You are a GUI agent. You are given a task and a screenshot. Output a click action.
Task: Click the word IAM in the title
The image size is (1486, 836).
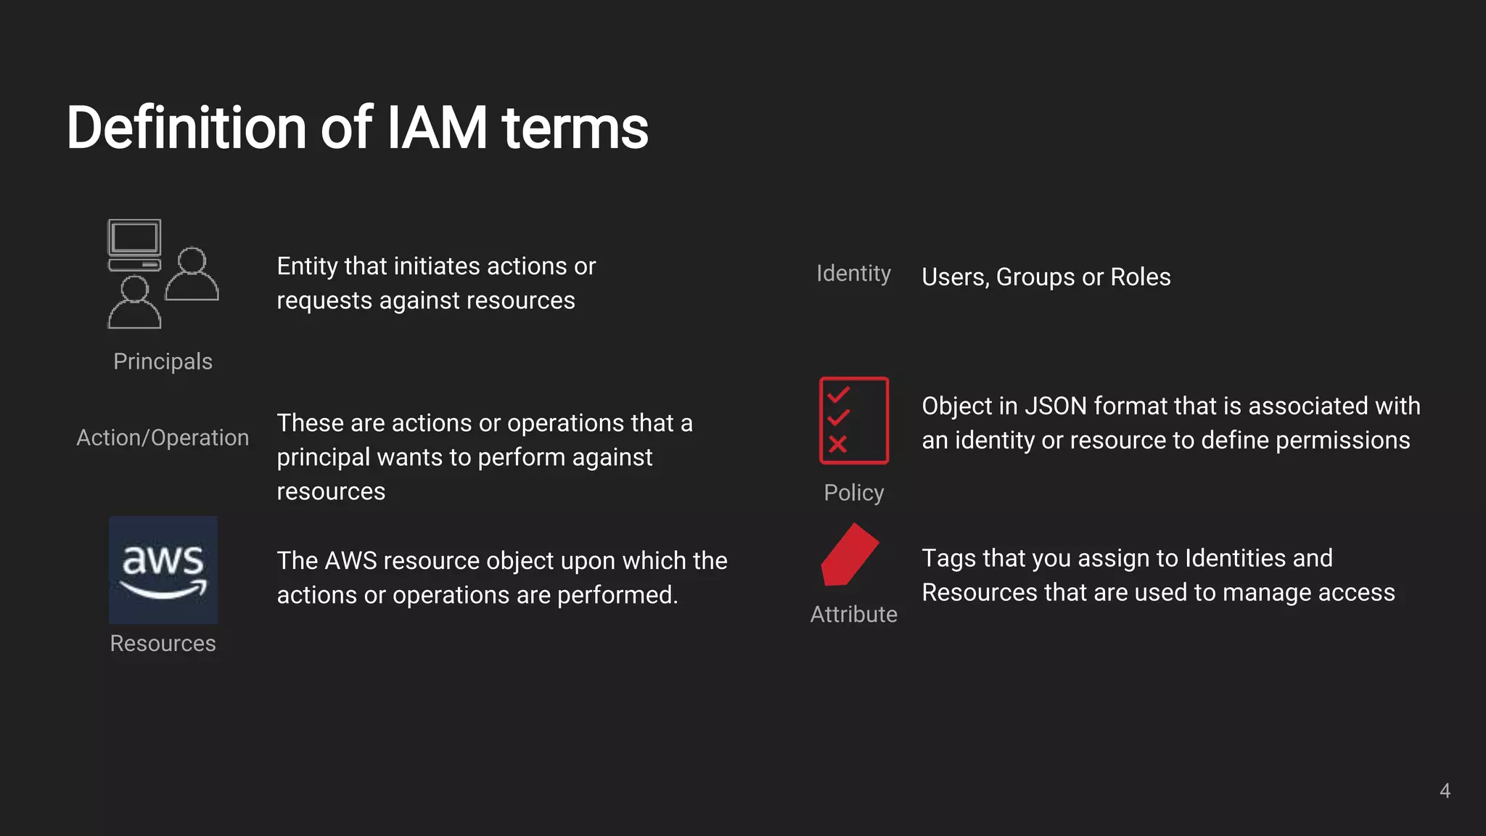pyautogui.click(x=437, y=128)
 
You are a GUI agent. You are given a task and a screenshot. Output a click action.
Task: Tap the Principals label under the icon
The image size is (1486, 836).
pyautogui.click(x=163, y=361)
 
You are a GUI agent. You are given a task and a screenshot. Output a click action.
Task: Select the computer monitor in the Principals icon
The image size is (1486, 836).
pyautogui.click(x=134, y=239)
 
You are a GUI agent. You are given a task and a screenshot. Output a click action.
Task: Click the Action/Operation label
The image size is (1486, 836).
pyautogui.click(x=163, y=438)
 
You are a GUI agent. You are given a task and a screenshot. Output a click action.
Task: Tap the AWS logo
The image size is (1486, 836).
pyautogui.click(x=163, y=570)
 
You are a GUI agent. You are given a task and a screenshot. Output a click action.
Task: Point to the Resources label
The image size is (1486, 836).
pyautogui.click(x=163, y=643)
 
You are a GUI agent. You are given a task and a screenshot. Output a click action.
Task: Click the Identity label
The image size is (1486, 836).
pyautogui.click(x=853, y=274)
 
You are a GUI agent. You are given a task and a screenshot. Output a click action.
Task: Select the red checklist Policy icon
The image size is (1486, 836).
pyautogui.click(x=853, y=420)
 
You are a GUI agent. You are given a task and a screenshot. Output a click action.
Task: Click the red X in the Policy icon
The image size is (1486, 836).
pyautogui.click(x=837, y=444)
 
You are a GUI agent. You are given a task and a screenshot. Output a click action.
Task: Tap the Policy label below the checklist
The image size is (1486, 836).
pyautogui.click(x=853, y=493)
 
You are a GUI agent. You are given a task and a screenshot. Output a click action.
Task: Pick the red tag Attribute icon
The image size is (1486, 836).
pyautogui.click(x=848, y=554)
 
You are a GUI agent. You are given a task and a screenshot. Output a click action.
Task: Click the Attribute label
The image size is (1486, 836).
pyautogui.click(x=853, y=614)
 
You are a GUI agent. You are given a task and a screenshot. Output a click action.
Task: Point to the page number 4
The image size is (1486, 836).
pyautogui.click(x=1445, y=790)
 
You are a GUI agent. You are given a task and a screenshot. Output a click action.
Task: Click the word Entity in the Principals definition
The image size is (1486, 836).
pyautogui.click(x=307, y=266)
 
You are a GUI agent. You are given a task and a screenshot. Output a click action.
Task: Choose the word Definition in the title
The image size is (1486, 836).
pyautogui.click(x=186, y=128)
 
